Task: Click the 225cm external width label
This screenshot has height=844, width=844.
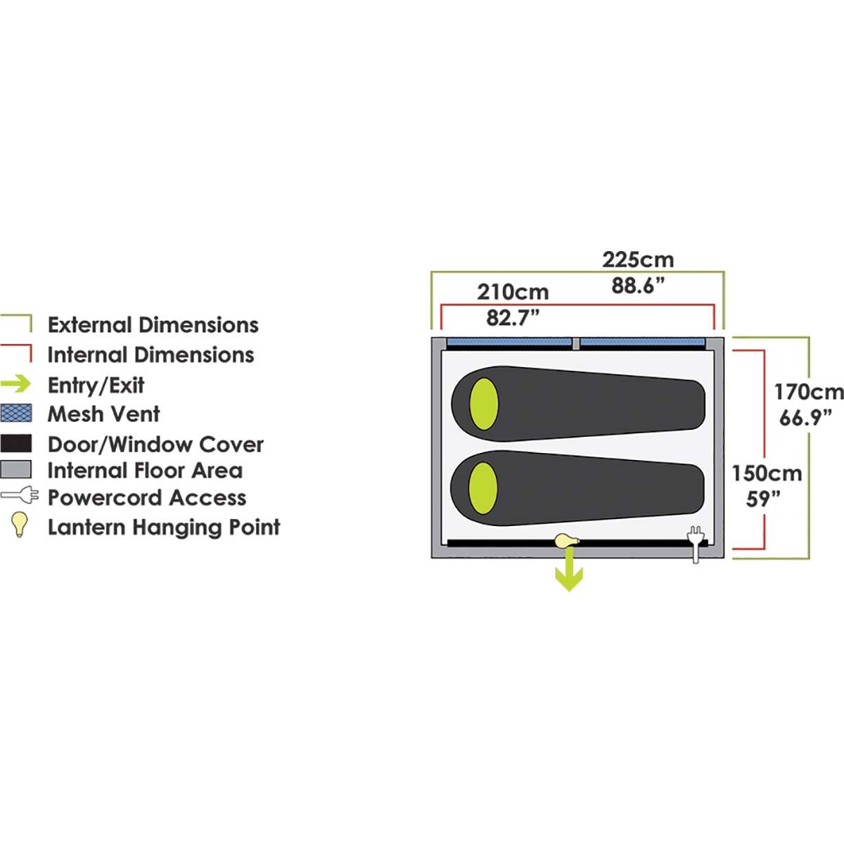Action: click(x=638, y=260)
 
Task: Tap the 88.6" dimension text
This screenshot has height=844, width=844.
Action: click(x=638, y=286)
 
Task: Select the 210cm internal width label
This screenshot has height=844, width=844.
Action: click(x=513, y=292)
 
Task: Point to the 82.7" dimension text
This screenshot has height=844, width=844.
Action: click(x=513, y=317)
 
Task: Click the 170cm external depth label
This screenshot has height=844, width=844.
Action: click(x=809, y=392)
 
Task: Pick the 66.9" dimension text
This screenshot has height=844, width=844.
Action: click(x=805, y=417)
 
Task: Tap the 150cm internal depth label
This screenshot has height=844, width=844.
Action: click(x=767, y=473)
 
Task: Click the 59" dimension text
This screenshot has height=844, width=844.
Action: click(x=763, y=499)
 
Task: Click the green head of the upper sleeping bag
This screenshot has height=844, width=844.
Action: click(x=483, y=404)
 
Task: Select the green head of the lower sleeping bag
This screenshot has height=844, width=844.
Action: click(x=483, y=488)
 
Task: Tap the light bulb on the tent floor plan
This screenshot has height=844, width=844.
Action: click(x=567, y=541)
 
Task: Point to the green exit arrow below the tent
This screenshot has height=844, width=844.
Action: click(x=569, y=570)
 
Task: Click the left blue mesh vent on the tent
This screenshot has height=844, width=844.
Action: click(x=509, y=342)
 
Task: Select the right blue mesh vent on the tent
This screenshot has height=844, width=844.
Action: click(x=643, y=342)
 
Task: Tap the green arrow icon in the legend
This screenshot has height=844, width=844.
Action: click(x=15, y=384)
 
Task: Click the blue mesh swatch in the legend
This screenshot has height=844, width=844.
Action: click(x=15, y=413)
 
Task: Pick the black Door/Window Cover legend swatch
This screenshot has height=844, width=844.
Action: click(x=15, y=443)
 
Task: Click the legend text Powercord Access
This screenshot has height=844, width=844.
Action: click(x=147, y=498)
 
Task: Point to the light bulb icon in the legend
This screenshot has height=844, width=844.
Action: click(x=19, y=524)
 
